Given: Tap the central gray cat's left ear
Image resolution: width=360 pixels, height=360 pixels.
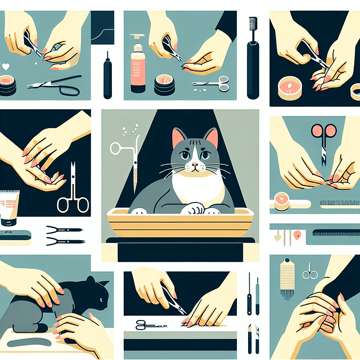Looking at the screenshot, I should (179, 138).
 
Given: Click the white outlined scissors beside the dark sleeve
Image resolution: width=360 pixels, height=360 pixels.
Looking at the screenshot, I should (73, 194).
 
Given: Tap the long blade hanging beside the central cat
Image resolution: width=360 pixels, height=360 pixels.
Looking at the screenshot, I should (135, 163).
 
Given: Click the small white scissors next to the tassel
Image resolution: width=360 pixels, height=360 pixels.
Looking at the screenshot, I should (309, 273).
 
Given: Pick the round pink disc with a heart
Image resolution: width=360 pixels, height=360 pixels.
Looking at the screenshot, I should (282, 200).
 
